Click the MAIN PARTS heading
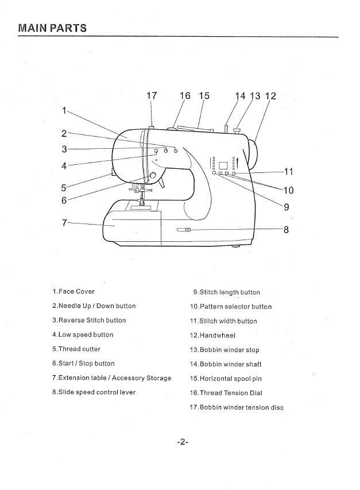[52, 27]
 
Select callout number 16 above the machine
[185, 96]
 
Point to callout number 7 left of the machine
[65, 222]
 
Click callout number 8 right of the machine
[286, 230]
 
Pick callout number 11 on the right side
[288, 171]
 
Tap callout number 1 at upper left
[64, 109]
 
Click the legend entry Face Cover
[73, 292]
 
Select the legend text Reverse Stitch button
[89, 321]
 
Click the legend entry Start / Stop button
[83, 364]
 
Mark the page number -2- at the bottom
[183, 442]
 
